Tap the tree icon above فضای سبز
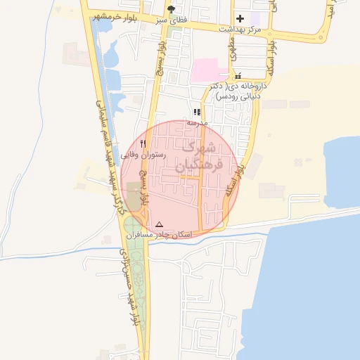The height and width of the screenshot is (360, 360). click(x=171, y=9)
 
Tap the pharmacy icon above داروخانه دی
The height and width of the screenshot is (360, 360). click(x=238, y=75)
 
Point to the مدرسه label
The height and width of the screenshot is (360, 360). click(x=197, y=122)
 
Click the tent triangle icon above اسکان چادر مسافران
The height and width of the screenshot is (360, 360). click(x=159, y=224)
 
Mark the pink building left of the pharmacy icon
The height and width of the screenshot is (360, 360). click(x=210, y=70)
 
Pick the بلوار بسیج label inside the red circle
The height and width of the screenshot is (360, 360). click(x=143, y=187)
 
